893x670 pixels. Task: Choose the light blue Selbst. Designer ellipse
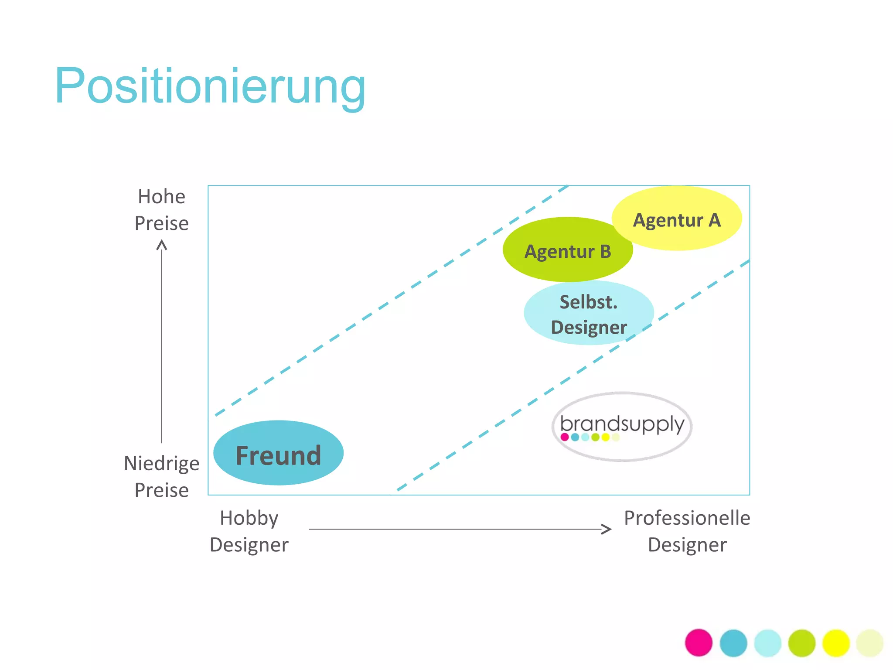click(588, 313)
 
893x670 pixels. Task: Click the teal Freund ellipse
click(278, 453)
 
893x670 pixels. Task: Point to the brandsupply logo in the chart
click(622, 426)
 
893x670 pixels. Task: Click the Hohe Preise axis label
click(161, 210)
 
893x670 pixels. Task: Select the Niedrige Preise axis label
click(161, 476)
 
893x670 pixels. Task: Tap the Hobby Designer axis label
click(249, 531)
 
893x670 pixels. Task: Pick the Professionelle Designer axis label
click(687, 531)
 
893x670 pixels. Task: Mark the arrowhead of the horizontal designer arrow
click(607, 529)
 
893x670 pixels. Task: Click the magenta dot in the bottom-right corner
click(699, 643)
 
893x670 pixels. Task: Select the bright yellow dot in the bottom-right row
click(836, 643)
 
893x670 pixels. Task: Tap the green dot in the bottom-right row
click(801, 643)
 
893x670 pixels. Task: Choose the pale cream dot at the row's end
click(870, 643)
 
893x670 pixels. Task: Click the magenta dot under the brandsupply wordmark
click(565, 437)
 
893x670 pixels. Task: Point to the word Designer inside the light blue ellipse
click(589, 327)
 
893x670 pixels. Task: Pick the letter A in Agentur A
click(714, 220)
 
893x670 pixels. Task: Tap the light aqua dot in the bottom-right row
click(767, 643)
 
